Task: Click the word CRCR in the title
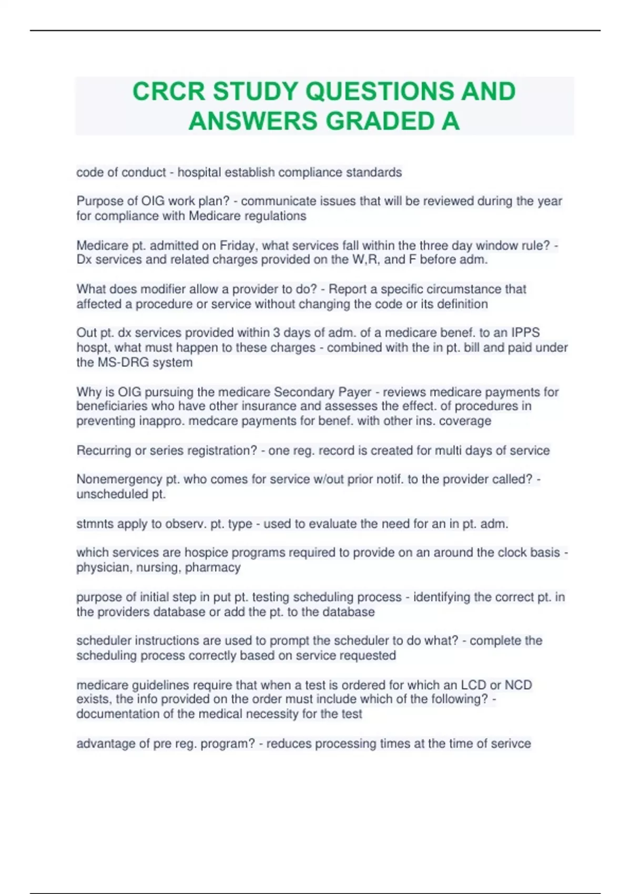pyautogui.click(x=168, y=91)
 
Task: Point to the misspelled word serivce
pyautogui.click(x=510, y=744)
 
